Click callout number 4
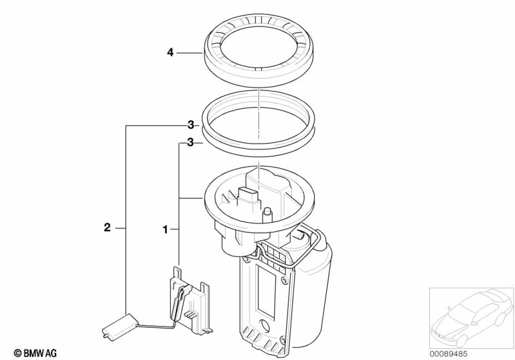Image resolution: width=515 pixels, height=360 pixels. (x=170, y=53)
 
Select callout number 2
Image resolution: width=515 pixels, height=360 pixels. (x=107, y=227)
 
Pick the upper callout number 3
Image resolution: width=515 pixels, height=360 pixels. (x=191, y=125)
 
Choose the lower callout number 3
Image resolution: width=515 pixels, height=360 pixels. (x=191, y=143)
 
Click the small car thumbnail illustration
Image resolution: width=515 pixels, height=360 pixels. (x=471, y=316)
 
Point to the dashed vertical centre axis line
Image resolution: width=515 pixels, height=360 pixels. (x=257, y=116)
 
